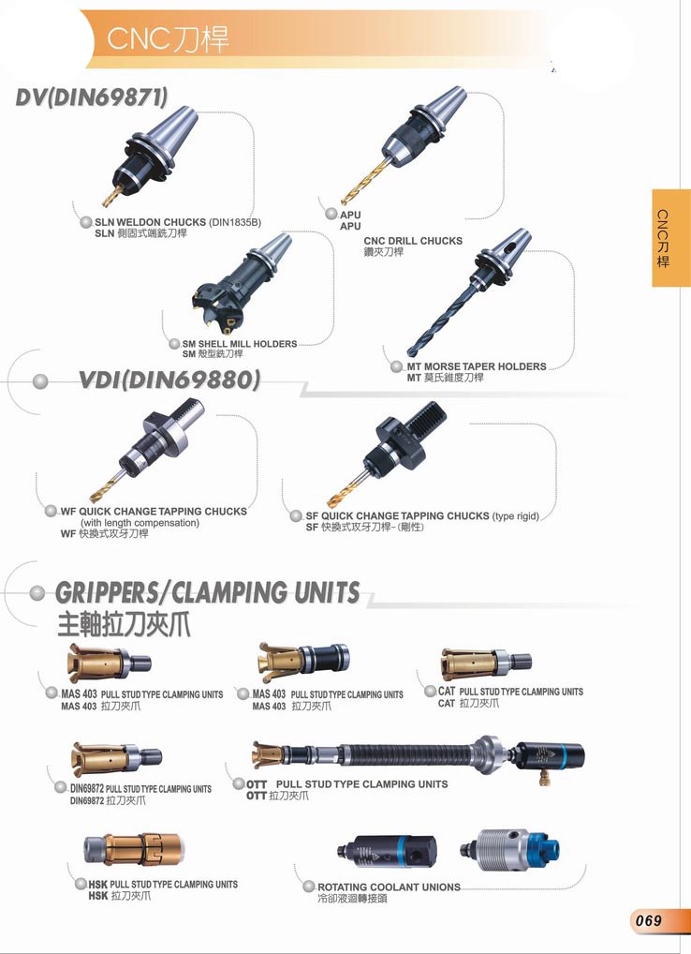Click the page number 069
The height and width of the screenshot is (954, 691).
point(648,920)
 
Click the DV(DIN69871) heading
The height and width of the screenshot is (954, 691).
point(91,97)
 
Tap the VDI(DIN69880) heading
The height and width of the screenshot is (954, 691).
point(169,380)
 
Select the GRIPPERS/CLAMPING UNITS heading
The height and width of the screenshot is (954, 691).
point(207,592)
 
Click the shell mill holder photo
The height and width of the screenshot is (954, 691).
point(241,284)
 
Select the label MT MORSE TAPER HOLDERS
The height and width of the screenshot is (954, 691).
point(477,366)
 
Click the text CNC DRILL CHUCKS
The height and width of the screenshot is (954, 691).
point(413,241)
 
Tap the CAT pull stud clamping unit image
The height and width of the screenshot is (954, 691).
point(486,663)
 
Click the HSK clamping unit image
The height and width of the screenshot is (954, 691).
point(132,850)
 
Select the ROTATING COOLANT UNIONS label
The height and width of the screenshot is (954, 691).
point(389,887)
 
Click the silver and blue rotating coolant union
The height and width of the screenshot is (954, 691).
point(509,849)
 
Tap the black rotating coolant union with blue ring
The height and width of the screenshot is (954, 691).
point(386,850)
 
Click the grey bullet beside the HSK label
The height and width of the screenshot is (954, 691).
point(81,884)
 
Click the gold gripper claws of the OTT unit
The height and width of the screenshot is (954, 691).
point(268,755)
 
